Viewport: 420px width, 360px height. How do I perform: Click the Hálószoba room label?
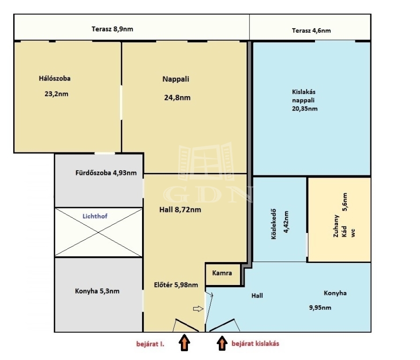coord(55,78)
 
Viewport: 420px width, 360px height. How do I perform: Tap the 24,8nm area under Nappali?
coord(177,97)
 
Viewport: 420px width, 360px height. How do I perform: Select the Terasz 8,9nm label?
coord(112,29)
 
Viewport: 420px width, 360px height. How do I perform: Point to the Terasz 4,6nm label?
coord(311,30)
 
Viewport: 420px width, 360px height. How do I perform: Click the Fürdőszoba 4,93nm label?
coord(106,173)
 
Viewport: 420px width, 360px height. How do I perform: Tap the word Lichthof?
coord(95,216)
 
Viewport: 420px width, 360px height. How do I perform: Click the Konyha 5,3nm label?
coord(97,291)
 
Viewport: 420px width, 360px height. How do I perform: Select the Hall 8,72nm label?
coord(180,210)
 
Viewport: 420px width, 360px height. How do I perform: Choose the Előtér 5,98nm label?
coord(176,285)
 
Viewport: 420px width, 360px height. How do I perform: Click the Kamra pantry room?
coord(222,274)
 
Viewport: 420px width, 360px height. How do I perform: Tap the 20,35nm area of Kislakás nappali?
coord(305,109)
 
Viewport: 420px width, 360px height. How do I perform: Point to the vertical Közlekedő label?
coord(274,224)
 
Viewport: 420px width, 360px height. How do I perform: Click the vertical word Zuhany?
coord(336,226)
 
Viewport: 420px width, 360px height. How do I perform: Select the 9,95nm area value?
coord(320,307)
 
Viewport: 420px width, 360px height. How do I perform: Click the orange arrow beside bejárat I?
coord(185,342)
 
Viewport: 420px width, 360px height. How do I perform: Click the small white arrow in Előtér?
coord(198,309)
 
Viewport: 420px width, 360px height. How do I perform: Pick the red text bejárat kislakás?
coord(255,344)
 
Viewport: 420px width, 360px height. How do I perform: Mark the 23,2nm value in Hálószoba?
coord(56,94)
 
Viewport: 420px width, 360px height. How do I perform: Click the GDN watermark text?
coord(208,194)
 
